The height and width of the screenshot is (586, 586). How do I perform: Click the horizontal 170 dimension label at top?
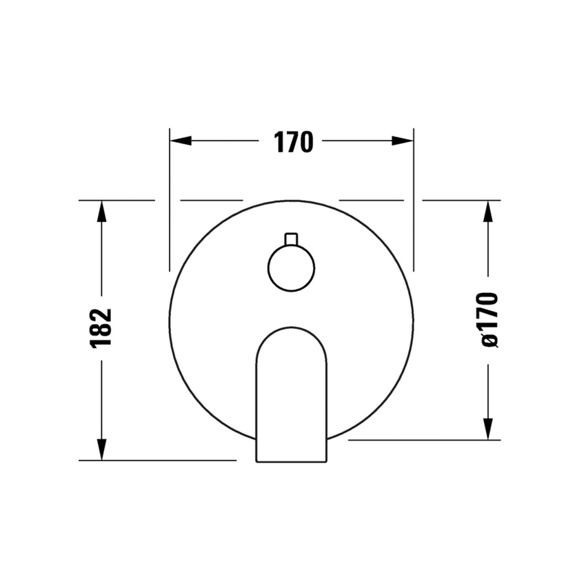pyautogui.click(x=294, y=142)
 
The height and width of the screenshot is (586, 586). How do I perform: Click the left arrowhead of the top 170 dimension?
pyautogui.click(x=181, y=141)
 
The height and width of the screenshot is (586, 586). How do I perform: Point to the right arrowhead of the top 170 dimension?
pyautogui.click(x=403, y=141)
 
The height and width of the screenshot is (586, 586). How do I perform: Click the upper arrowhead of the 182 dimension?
pyautogui.click(x=101, y=212)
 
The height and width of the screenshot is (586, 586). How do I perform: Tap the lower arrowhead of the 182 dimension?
pyautogui.click(x=101, y=449)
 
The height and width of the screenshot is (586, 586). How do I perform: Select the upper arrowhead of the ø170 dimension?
pyautogui.click(x=488, y=212)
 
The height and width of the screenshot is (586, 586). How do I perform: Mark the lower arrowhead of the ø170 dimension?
pyautogui.click(x=488, y=429)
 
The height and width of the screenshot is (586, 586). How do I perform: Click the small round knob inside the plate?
pyautogui.click(x=291, y=268)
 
